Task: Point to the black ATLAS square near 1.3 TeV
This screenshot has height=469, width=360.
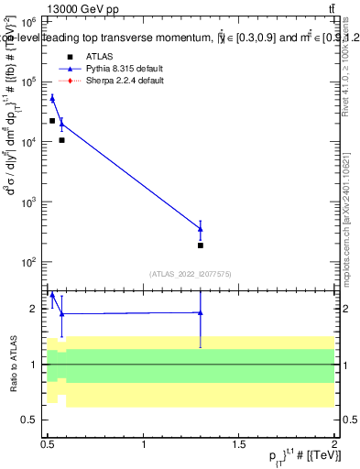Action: (x=200, y=245)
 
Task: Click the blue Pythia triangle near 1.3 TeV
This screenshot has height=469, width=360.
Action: (x=200, y=228)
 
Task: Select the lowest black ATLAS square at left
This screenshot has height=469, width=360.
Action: (x=61, y=140)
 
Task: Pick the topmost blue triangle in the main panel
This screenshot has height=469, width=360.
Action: (x=52, y=98)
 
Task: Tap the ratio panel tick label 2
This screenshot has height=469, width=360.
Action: (x=34, y=309)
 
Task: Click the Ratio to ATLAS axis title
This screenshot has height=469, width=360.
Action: (x=12, y=364)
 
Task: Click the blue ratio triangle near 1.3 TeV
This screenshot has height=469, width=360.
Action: (x=200, y=312)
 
